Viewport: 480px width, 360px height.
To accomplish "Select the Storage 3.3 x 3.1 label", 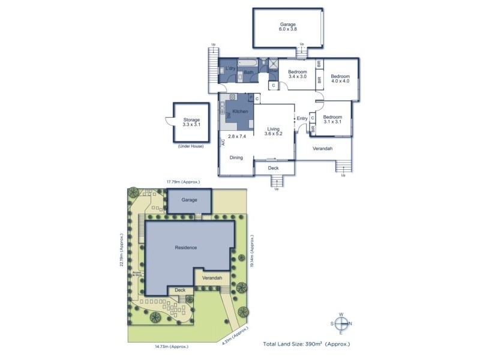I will (x=191, y=122).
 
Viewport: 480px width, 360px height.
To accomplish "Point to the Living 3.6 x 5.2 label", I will (x=274, y=130).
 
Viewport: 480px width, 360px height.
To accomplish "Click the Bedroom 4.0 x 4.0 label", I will (x=340, y=79).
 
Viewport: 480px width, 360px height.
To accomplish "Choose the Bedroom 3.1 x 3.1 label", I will (x=332, y=119).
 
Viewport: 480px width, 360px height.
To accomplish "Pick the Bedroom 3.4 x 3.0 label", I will (x=297, y=74).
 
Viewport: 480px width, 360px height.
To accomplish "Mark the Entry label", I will (x=302, y=118).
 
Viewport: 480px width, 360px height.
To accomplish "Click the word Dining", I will (x=236, y=157).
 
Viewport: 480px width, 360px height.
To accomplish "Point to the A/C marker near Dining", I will (x=223, y=143).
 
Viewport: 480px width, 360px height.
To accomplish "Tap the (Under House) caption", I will (x=191, y=146).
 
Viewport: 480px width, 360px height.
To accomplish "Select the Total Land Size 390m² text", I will (x=306, y=344).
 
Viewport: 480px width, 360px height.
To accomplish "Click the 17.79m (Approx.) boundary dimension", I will (x=183, y=181).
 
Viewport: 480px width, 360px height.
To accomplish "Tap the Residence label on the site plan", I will (x=186, y=247).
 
